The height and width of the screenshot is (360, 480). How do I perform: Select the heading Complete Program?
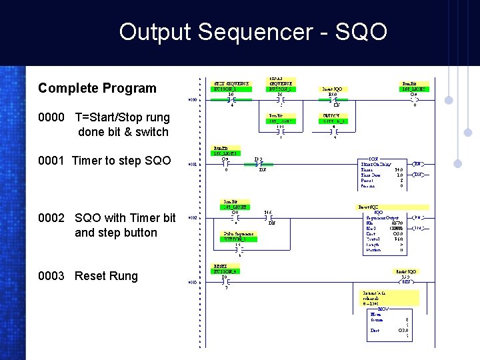pyautogui.click(x=97, y=88)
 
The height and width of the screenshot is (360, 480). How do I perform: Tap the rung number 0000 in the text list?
pyautogui.click(x=51, y=117)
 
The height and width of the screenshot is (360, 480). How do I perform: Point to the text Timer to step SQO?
pyautogui.click(x=121, y=161)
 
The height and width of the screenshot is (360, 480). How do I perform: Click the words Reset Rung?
pyautogui.click(x=106, y=276)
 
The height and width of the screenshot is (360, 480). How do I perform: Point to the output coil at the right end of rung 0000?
pyautogui.click(x=414, y=100)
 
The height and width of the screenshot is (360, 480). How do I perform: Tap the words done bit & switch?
pyautogui.click(x=123, y=132)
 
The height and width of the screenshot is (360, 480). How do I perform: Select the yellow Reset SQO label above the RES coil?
pyautogui.click(x=405, y=271)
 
